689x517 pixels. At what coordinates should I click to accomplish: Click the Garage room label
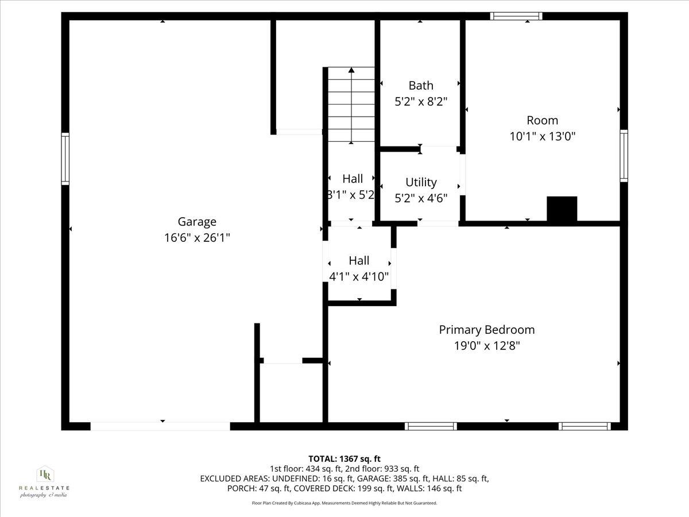[197, 222]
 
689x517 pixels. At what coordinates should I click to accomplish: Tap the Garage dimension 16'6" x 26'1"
[197, 238]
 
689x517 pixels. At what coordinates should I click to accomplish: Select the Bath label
[421, 86]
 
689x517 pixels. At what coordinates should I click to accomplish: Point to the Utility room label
[421, 182]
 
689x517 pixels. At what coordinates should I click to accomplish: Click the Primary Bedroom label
[486, 330]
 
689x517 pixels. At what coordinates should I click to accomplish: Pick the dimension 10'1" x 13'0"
[542, 137]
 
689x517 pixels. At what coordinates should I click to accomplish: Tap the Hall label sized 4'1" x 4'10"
[359, 261]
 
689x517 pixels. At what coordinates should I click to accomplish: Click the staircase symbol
[351, 105]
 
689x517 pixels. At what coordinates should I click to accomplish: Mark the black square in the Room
[562, 209]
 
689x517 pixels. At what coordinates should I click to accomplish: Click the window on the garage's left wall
[65, 159]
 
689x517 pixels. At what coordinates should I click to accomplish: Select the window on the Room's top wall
[516, 16]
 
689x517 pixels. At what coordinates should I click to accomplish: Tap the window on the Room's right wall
[624, 156]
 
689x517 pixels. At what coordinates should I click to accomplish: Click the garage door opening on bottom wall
[160, 426]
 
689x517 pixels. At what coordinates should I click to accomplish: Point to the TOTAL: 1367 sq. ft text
[344, 458]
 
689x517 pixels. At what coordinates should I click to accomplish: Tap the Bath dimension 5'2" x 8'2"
[421, 102]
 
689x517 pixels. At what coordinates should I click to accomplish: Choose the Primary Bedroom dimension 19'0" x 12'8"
[486, 346]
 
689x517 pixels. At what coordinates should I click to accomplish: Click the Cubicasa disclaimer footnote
[344, 503]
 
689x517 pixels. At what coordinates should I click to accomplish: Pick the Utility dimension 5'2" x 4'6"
[421, 198]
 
